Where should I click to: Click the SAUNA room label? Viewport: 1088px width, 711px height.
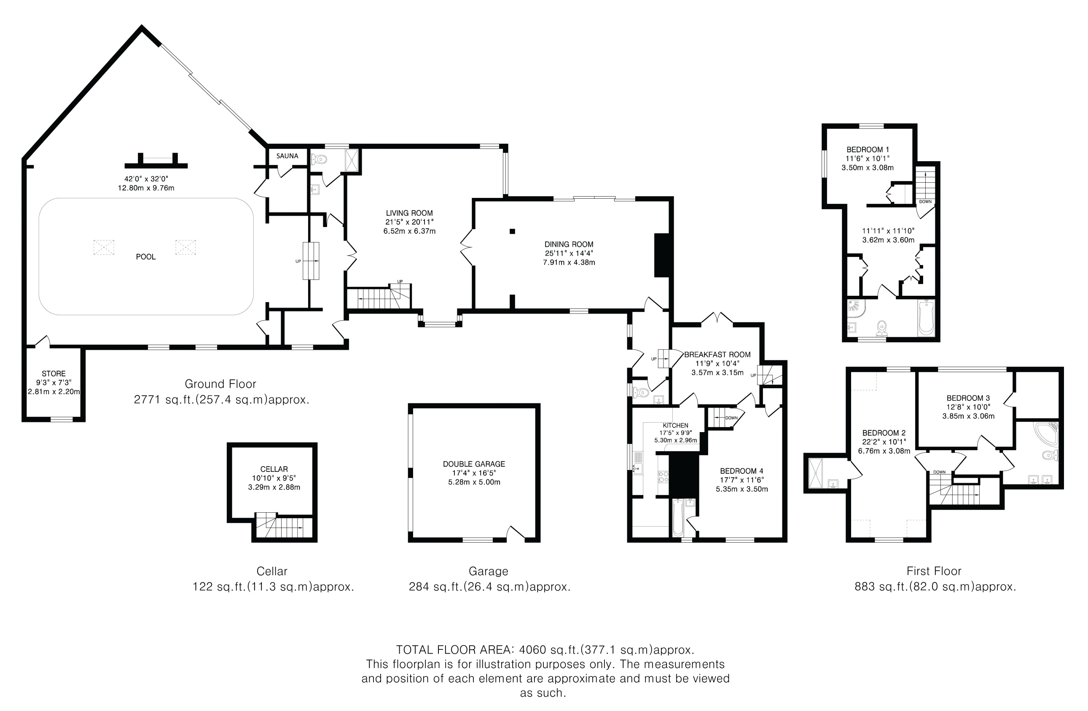click(287, 156)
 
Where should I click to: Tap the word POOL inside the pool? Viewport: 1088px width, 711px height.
click(146, 257)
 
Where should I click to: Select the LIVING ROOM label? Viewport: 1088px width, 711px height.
click(409, 213)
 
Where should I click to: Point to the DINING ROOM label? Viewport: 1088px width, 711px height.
click(569, 244)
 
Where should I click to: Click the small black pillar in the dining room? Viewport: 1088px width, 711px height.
click(513, 232)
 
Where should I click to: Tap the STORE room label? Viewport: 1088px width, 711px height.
click(54, 374)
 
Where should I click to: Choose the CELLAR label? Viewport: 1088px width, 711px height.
click(274, 469)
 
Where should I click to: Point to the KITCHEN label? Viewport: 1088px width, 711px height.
click(675, 425)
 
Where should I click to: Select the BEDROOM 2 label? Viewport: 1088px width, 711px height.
click(884, 433)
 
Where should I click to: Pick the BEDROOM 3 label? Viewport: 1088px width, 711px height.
click(968, 398)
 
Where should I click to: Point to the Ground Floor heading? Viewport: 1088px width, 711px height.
click(220, 384)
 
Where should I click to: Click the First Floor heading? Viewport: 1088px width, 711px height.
click(934, 571)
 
